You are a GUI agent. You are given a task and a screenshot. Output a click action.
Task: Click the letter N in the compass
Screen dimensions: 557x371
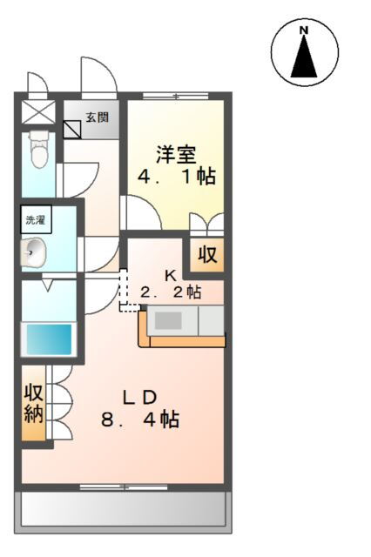click(x=304, y=30)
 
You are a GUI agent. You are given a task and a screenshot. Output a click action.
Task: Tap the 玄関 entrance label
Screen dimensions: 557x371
click(x=97, y=117)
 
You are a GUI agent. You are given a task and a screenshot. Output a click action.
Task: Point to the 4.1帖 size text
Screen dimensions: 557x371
click(x=176, y=178)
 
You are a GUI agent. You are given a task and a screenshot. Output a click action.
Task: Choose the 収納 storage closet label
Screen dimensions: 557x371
click(x=34, y=402)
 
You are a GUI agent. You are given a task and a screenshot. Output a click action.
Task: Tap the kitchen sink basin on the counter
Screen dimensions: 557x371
click(x=168, y=320)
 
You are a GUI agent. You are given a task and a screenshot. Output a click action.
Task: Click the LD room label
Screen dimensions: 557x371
click(x=139, y=398)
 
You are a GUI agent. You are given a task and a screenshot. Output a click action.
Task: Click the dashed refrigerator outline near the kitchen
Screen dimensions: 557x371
click(x=128, y=292)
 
